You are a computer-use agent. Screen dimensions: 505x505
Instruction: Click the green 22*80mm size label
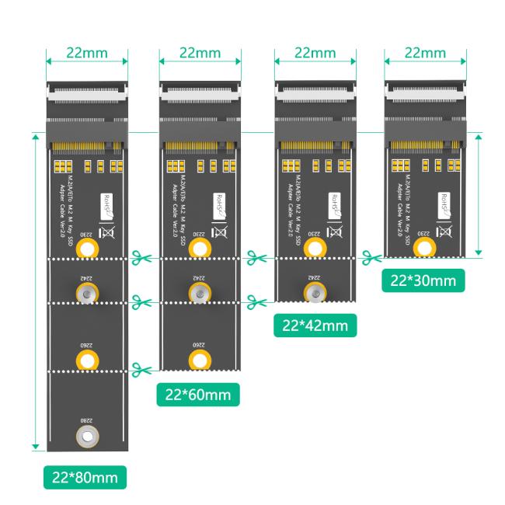(85, 477)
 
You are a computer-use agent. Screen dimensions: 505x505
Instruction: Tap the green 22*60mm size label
(197, 395)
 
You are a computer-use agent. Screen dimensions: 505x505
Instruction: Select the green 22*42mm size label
(315, 325)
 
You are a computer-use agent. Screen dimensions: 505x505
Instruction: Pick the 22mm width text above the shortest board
(425, 53)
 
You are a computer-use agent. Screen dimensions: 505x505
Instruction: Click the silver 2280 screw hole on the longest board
(87, 437)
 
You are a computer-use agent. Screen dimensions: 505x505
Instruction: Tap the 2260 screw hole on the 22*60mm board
(200, 359)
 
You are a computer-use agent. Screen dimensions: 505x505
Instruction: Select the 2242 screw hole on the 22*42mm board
(314, 292)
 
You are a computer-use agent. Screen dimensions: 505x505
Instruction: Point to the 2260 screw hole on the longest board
(87, 359)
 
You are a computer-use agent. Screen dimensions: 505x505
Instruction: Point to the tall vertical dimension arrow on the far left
(35, 291)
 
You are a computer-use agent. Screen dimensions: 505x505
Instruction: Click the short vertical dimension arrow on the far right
(479, 194)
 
